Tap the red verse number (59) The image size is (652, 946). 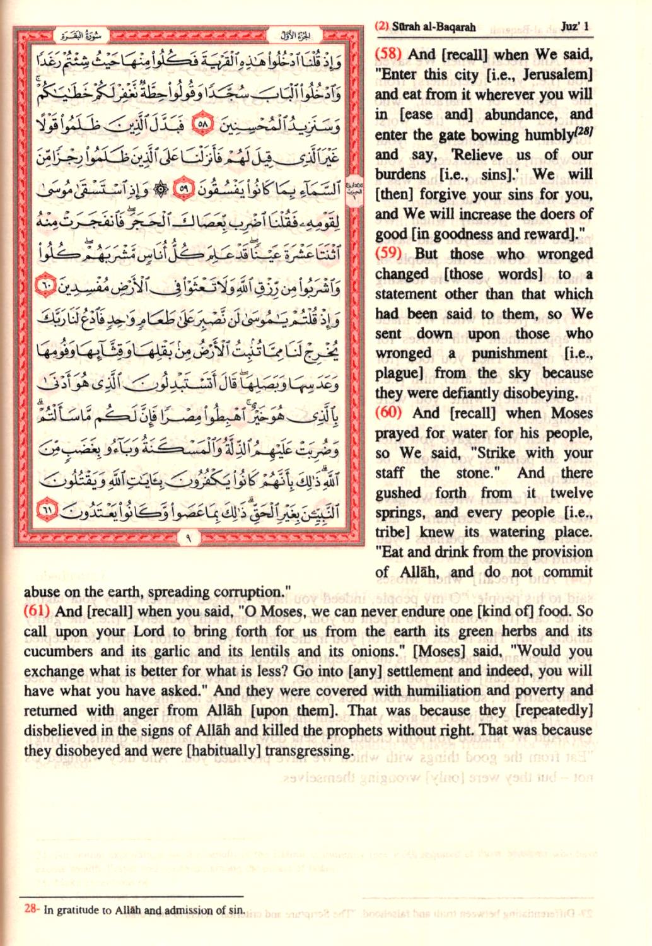point(388,254)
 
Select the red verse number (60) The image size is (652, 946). point(388,413)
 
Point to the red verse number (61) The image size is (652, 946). point(37,611)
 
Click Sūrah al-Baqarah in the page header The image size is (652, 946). point(434,27)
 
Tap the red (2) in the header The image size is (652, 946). point(381,27)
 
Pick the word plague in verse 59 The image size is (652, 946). point(398,373)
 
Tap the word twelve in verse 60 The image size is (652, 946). point(571,493)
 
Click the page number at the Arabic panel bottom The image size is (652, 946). point(188,539)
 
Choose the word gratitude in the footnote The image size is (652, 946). point(76,910)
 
